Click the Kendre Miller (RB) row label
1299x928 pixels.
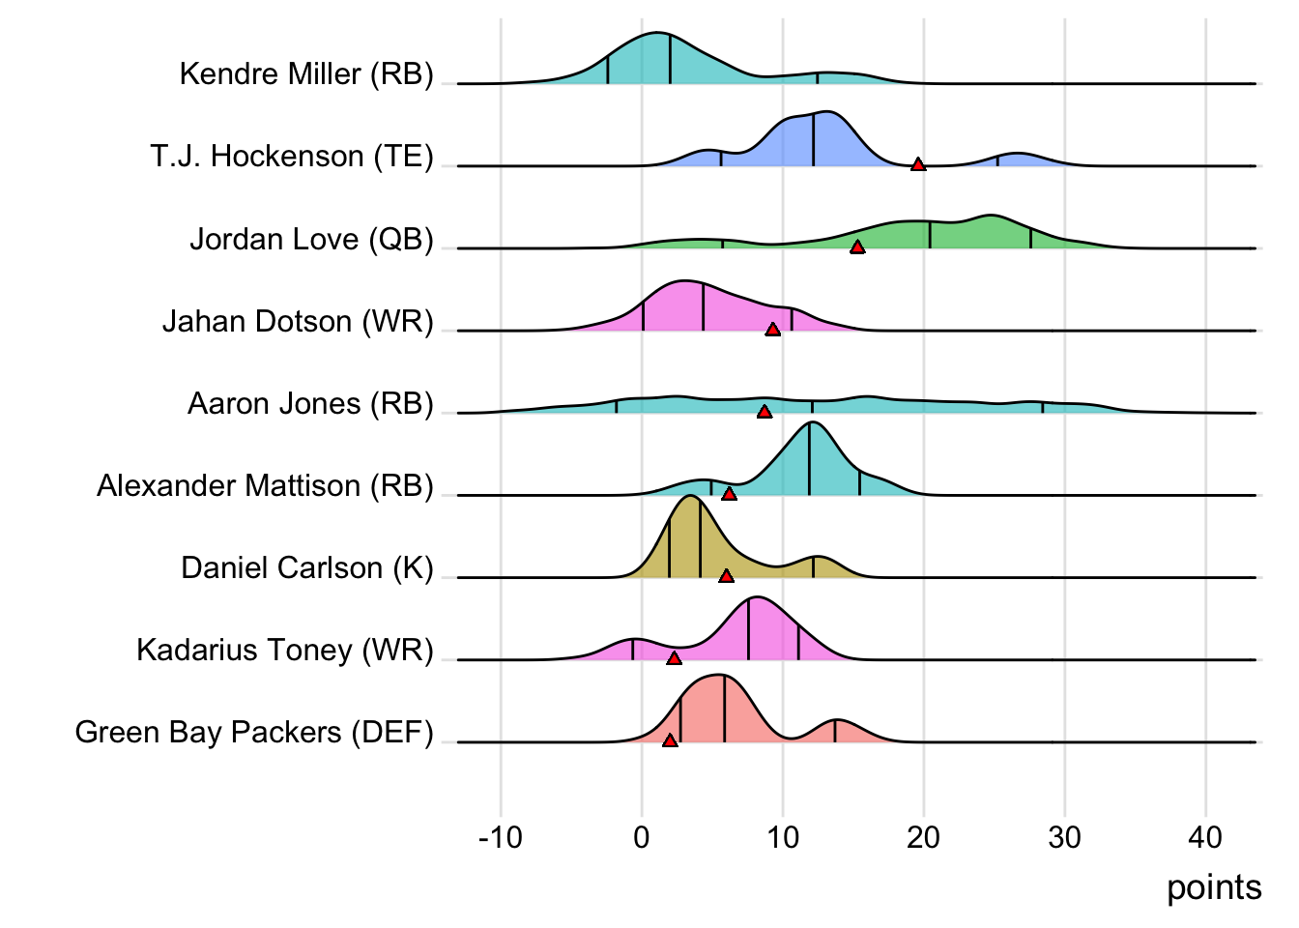[306, 73]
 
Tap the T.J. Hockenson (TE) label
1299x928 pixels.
[292, 156]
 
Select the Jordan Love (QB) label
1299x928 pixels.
[311, 239]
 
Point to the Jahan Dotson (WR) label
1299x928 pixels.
[298, 321]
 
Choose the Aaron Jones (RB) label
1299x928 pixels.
[310, 403]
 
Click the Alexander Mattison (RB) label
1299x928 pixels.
[265, 485]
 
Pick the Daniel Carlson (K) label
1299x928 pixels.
[307, 567]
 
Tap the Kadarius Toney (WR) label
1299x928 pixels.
[285, 650]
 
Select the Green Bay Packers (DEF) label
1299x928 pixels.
[254, 732]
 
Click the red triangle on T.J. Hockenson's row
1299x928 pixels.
[918, 164]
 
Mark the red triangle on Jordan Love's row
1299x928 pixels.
[857, 247]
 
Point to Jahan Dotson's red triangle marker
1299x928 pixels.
[772, 330]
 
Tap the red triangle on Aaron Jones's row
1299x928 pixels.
[765, 412]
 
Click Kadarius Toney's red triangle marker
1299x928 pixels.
[674, 658]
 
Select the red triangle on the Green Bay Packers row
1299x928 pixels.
[670, 740]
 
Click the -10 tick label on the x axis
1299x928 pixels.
[500, 837]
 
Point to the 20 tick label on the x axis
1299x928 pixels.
[923, 837]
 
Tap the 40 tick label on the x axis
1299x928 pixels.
[1205, 837]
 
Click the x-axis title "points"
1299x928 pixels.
[1214, 887]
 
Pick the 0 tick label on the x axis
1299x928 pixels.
[642, 837]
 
